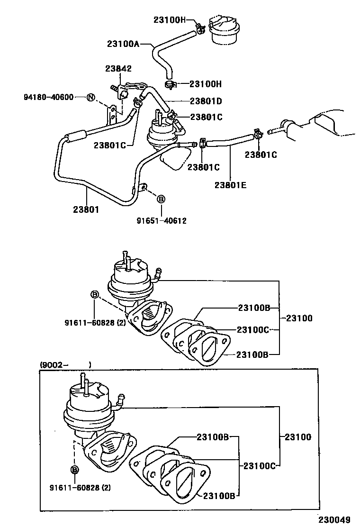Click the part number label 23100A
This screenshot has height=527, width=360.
[123, 44]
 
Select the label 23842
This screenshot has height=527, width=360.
[118, 69]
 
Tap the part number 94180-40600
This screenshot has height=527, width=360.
[48, 97]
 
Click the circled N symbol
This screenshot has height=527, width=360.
[91, 98]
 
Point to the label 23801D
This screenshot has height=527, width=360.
[206, 100]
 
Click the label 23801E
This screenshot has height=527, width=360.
[230, 185]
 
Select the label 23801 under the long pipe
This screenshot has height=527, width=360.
[86, 209]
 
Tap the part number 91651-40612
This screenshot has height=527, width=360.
[162, 220]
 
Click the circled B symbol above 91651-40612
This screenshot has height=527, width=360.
[161, 199]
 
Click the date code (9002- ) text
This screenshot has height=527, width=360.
[65, 365]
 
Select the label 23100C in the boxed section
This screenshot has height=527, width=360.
[259, 466]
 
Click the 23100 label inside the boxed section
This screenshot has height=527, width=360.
[298, 437]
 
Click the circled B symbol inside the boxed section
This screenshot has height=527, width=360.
[74, 470]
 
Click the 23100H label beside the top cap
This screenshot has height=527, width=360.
[169, 19]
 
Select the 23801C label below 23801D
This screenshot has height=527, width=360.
[206, 117]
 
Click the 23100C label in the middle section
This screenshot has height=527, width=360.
[253, 330]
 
